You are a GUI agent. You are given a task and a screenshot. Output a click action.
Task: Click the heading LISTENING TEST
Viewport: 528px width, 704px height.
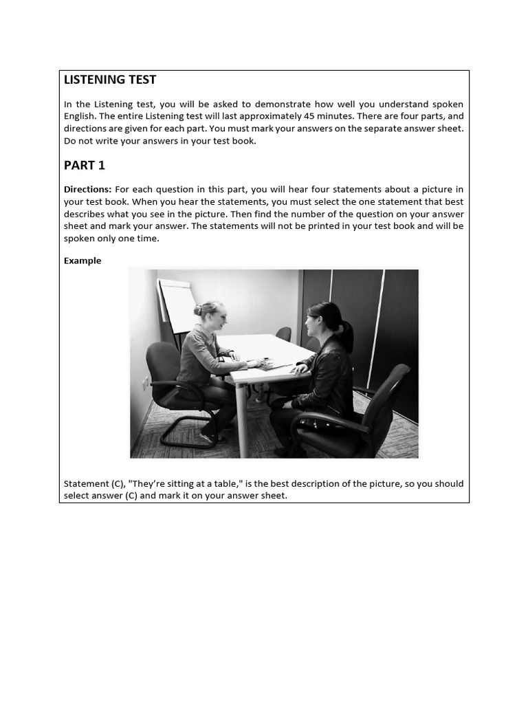coord(110,80)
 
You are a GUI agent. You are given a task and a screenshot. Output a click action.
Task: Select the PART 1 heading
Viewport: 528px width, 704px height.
coord(85,166)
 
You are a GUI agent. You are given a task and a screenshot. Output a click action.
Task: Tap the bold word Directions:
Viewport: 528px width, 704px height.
coord(87,189)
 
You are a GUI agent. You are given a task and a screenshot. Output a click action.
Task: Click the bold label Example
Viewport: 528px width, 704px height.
coord(82,261)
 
